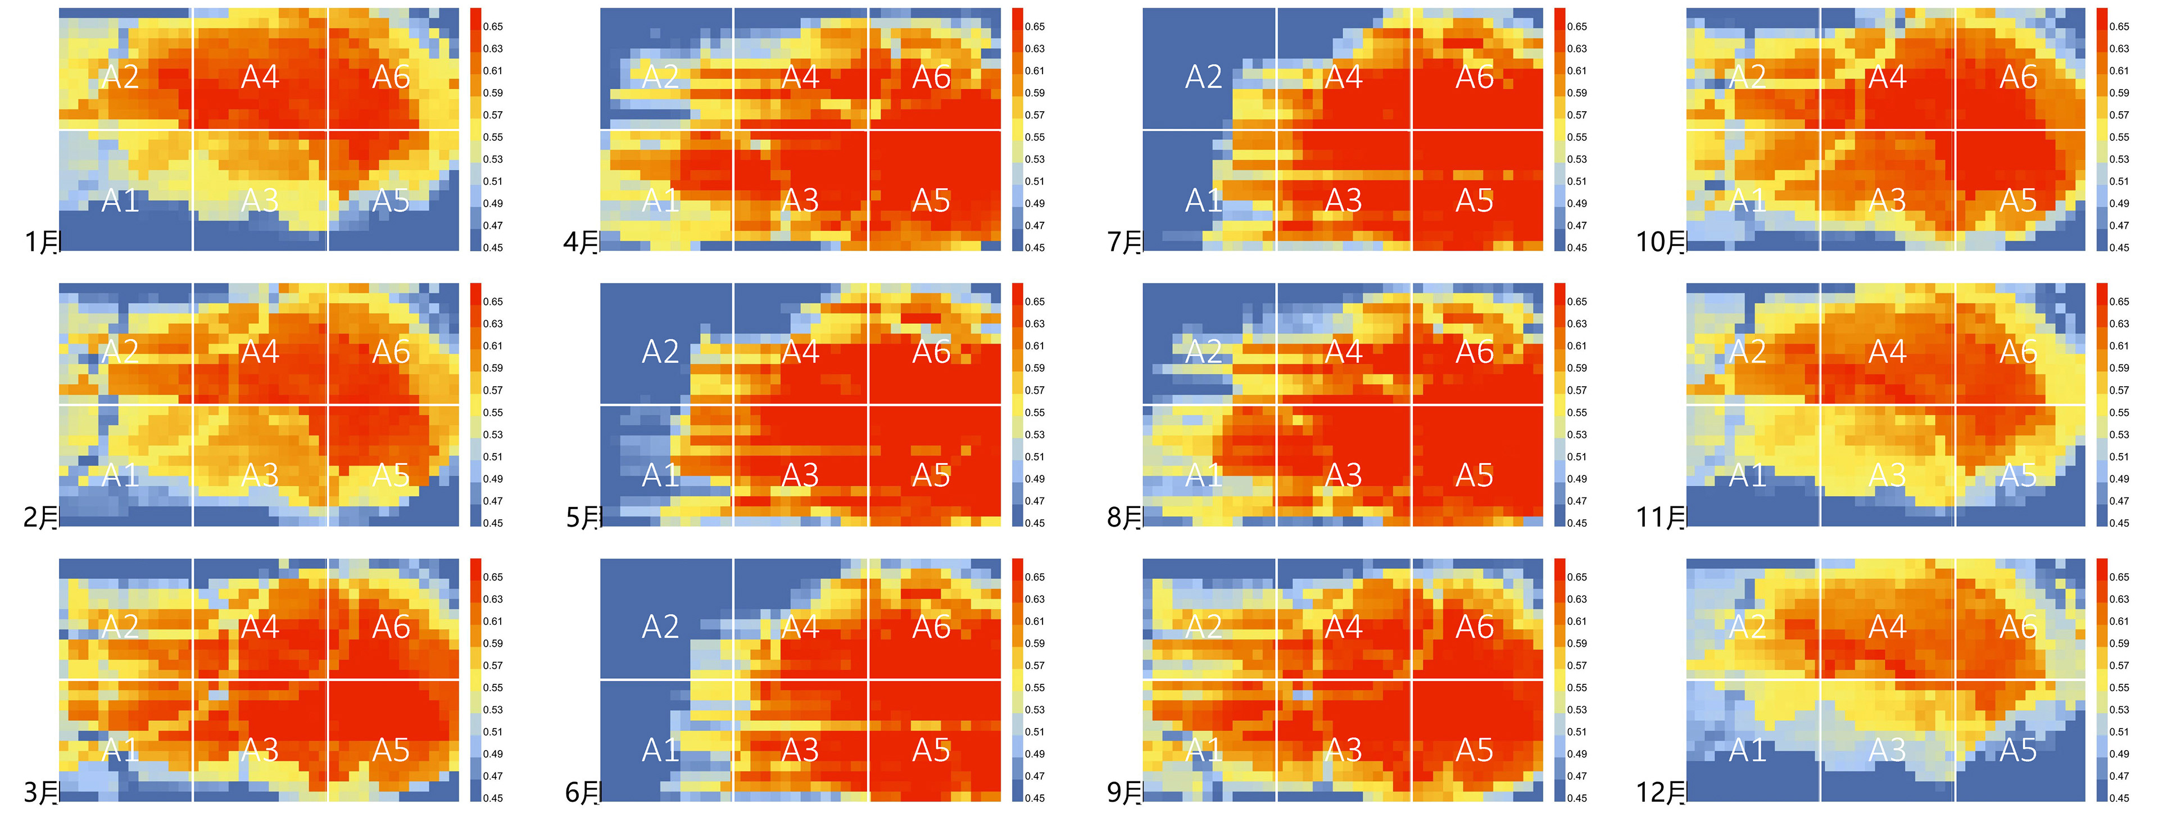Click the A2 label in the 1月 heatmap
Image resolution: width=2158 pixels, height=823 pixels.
pos(120,77)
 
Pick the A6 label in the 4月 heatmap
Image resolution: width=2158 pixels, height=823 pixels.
pos(932,77)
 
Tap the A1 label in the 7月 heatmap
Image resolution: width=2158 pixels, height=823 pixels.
pos(1204,200)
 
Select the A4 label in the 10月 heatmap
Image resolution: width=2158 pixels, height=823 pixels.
pos(1888,77)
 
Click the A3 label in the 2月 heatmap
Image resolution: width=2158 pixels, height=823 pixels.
pos(260,475)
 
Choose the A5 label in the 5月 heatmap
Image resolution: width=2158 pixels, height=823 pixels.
pos(932,475)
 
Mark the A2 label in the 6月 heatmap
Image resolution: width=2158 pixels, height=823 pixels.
pos(660,627)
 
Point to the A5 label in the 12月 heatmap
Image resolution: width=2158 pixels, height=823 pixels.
pos(2018,750)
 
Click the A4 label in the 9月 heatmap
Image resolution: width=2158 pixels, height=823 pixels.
pos(1344,627)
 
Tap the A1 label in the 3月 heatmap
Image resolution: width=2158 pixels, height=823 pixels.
pos(120,750)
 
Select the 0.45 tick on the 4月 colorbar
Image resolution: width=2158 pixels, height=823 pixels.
pos(1035,248)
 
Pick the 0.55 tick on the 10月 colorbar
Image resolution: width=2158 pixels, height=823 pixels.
pos(2119,138)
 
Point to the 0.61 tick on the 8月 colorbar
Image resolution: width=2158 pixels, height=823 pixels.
pos(1576,346)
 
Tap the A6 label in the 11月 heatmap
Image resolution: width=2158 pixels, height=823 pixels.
pos(2018,351)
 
